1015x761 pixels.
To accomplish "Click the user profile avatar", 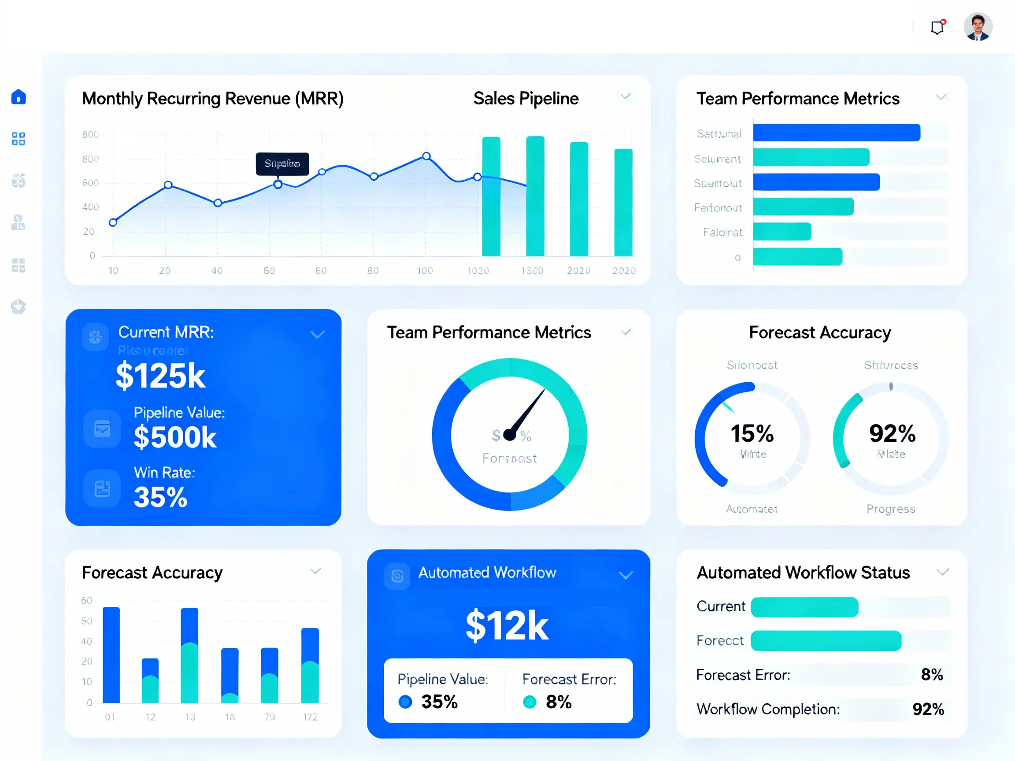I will [978, 26].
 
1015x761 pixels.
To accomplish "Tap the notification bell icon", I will [937, 27].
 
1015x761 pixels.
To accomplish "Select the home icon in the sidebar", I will [19, 97].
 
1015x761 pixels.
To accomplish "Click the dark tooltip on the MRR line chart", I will [282, 164].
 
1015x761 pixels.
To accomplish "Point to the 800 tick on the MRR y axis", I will [90, 134].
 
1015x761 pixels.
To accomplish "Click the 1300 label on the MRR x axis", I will [532, 271].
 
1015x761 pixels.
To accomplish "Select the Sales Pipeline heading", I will [526, 99].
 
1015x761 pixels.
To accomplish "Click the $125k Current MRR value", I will [160, 376].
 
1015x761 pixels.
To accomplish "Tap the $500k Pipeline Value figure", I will [175, 437].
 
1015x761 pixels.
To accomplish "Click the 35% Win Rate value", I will [160, 497].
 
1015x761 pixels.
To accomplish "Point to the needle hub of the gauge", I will [509, 434].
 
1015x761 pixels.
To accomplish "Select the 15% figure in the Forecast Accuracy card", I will [752, 433].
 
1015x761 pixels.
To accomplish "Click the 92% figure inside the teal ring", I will [892, 433].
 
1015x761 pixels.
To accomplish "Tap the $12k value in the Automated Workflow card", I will [507, 626].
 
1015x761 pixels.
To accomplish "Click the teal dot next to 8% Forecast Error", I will [530, 702].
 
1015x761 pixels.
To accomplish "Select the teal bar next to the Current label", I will [804, 607].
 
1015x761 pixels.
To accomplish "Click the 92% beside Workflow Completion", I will [928, 709].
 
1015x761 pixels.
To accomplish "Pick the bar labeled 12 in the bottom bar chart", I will [150, 681].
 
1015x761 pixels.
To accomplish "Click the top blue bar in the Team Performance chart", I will [837, 133].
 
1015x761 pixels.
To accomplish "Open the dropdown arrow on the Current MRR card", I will [318, 334].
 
